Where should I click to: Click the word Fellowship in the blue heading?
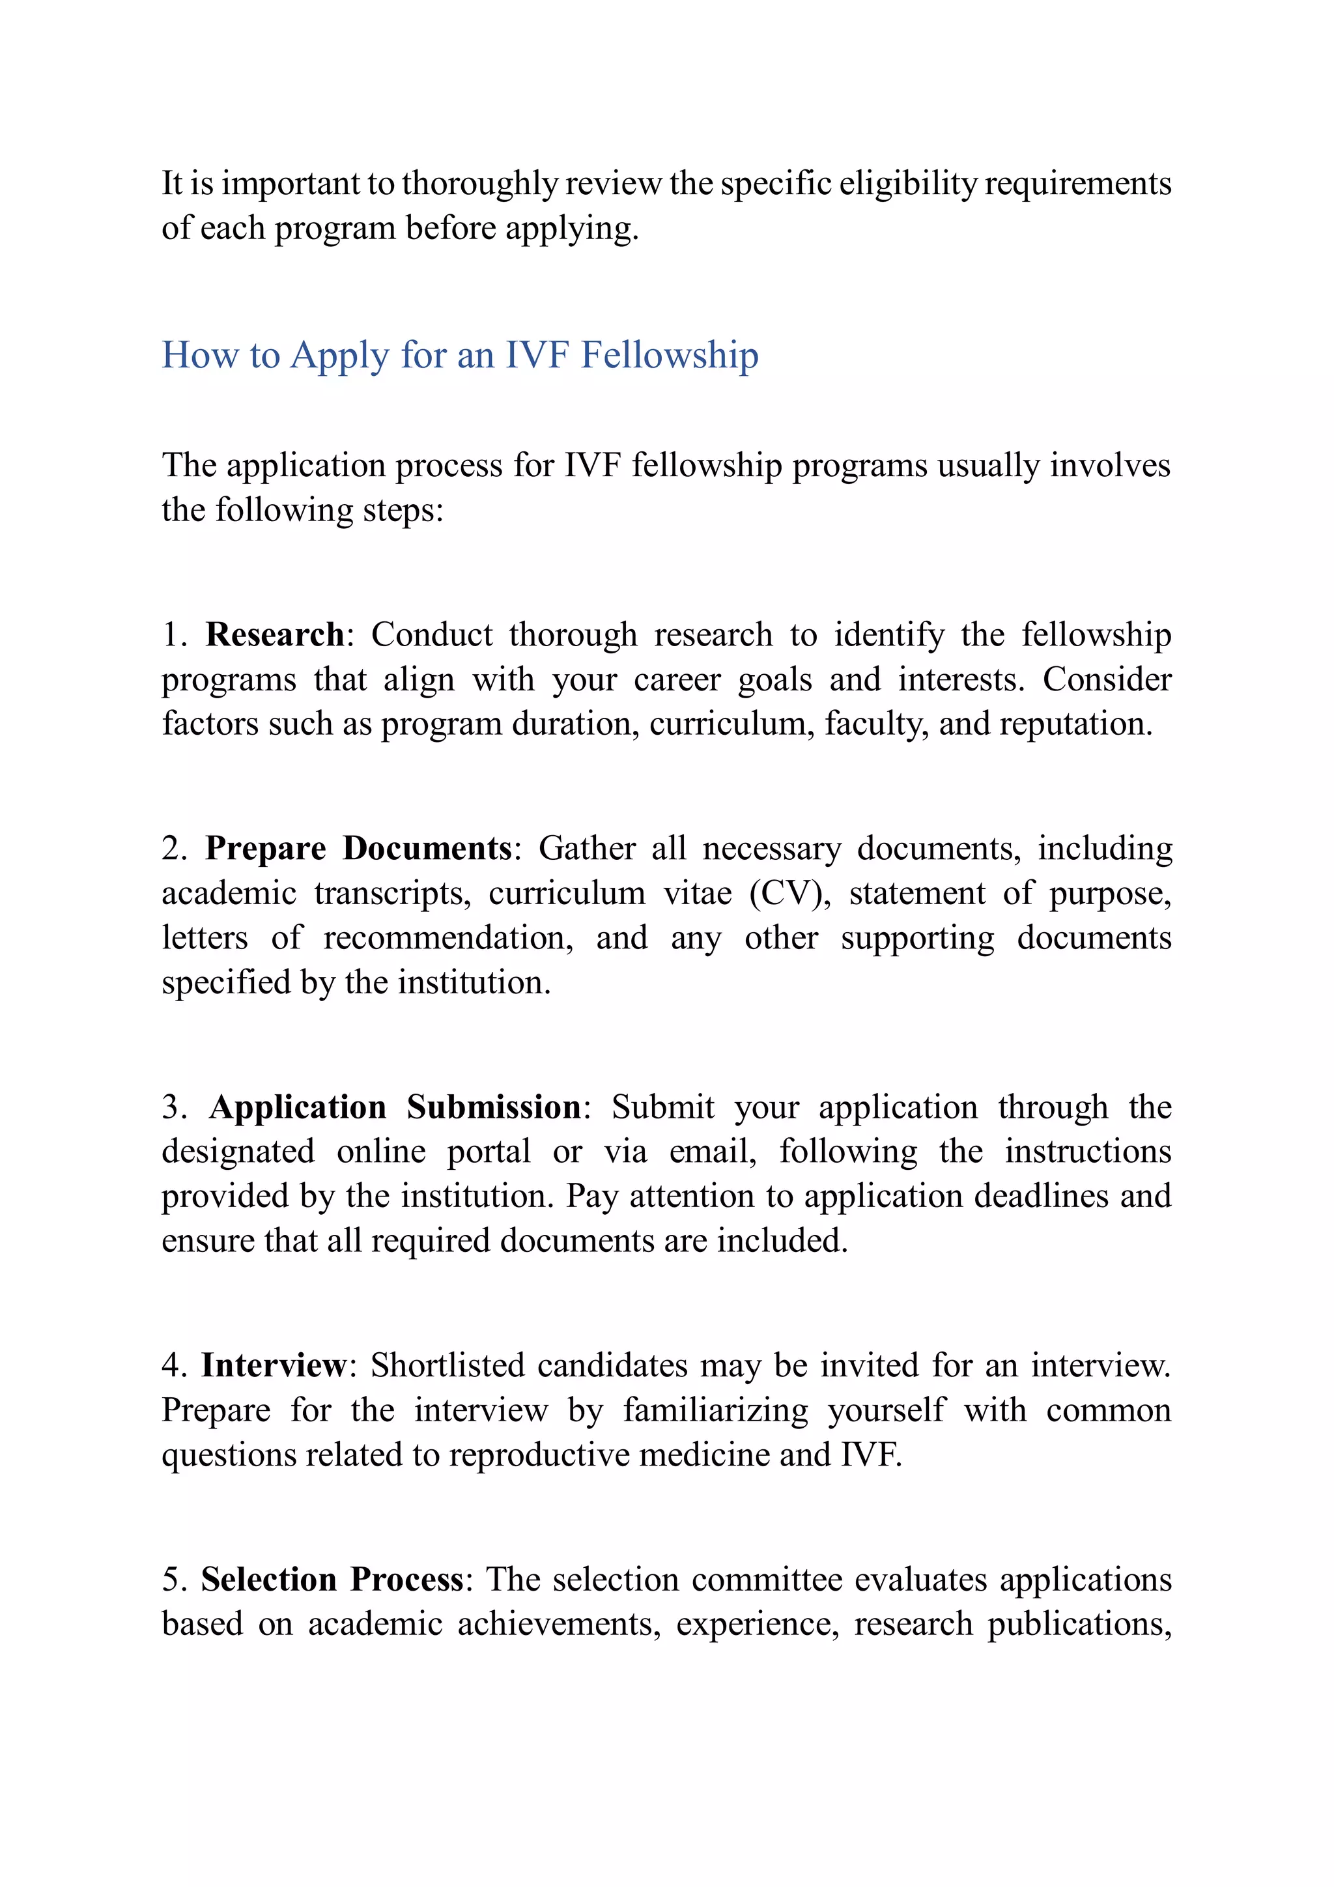point(669,356)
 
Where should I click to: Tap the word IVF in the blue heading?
point(537,356)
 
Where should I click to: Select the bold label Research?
point(274,635)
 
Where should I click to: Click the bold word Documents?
point(427,849)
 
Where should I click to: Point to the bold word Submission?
point(494,1108)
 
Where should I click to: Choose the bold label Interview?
point(274,1366)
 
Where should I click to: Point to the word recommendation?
point(448,938)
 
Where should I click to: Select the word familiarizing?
point(715,1410)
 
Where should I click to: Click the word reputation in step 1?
point(1075,724)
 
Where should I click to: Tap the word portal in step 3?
point(489,1152)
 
